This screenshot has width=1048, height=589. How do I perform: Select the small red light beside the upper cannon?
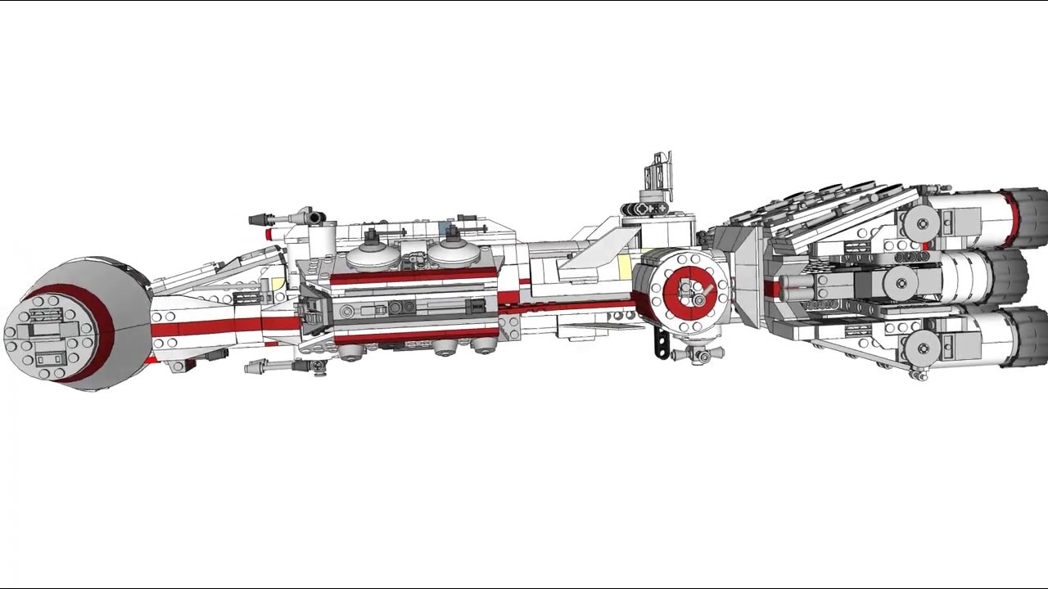[x=269, y=234]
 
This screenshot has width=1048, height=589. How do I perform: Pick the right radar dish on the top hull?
[x=453, y=251]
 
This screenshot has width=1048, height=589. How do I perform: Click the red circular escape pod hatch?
[x=688, y=290]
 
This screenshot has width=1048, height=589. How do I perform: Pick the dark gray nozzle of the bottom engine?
[x=1028, y=335]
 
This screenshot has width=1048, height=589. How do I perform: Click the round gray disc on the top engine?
[x=920, y=223]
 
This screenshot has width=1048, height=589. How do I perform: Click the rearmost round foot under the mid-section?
[x=485, y=347]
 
